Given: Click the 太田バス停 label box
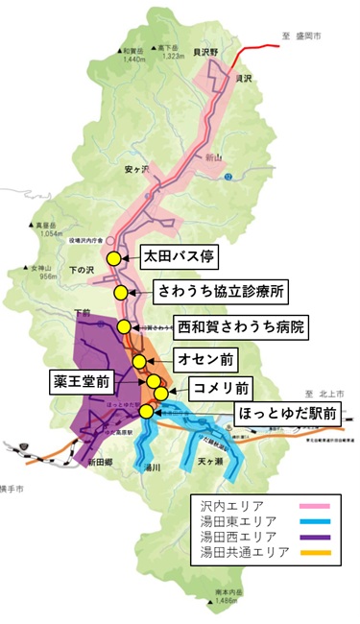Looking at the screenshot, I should click(181, 257).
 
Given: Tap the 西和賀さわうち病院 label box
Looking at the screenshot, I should click(240, 327).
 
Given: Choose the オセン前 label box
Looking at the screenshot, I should click(204, 359).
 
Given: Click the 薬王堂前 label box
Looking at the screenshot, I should click(82, 381).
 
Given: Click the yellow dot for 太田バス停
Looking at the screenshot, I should click(113, 258).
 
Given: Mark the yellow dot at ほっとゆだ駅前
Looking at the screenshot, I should click(146, 411).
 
